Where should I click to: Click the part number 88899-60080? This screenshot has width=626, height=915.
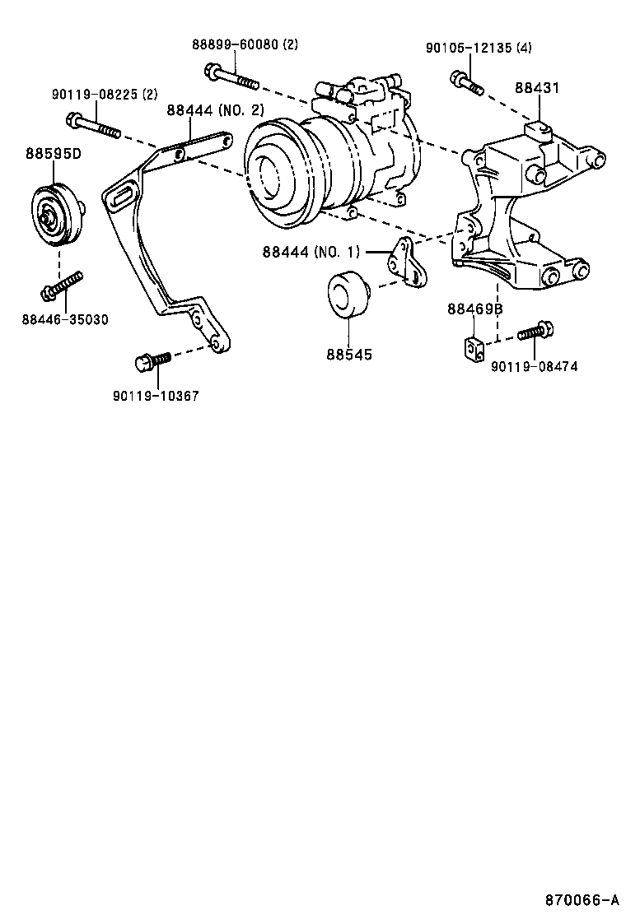235,45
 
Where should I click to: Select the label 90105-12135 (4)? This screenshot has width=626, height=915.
478,48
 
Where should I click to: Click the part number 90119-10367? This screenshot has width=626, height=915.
156,396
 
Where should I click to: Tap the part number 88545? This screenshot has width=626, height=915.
348,355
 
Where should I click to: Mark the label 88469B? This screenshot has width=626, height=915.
475,309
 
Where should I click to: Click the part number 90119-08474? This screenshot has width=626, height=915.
534,366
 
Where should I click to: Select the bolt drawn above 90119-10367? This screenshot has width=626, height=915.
152,360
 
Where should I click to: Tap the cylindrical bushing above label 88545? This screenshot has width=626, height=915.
347,294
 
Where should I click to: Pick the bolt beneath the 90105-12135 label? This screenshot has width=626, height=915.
465,82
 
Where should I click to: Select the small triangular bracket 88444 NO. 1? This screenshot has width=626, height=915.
405,262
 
